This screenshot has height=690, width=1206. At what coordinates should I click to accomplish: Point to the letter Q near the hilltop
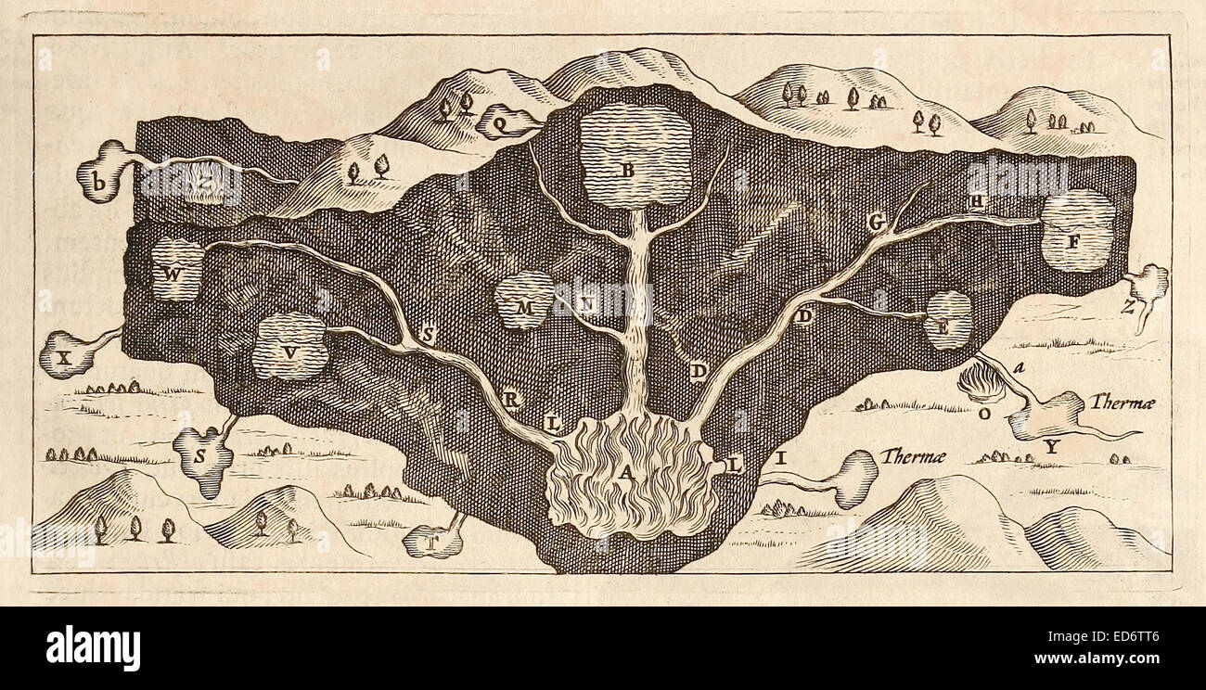coord(499,121)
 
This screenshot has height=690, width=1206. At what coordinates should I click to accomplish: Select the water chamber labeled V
coord(291,351)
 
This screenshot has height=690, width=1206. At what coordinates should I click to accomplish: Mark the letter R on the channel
coord(510,400)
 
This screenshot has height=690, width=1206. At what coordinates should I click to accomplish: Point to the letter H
coord(977,201)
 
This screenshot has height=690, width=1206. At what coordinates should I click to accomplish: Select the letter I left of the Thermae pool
coord(780,457)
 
